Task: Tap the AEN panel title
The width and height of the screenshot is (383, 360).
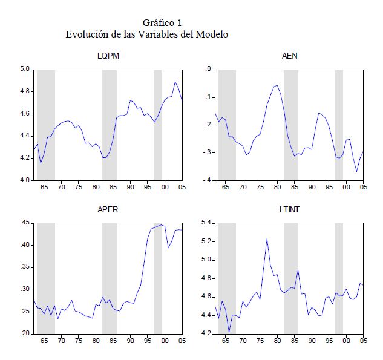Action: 289,57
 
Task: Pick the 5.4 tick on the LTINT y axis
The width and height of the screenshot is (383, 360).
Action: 206,223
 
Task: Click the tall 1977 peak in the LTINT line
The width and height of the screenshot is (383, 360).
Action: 267,238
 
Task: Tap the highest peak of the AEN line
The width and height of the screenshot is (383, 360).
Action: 277,85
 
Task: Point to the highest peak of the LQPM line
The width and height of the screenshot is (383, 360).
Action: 175,82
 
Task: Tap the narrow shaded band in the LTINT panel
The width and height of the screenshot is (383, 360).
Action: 339,278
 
